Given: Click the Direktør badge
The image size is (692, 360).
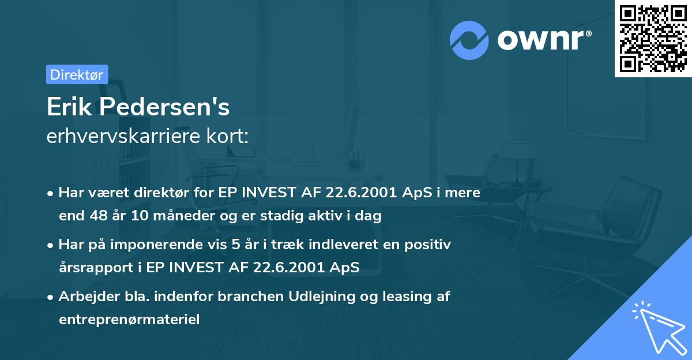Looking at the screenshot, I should (x=77, y=74).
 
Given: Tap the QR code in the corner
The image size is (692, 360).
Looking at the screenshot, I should (x=653, y=38).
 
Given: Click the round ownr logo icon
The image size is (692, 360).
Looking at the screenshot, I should (x=469, y=40).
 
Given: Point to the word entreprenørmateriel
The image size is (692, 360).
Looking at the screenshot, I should (x=129, y=319).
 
